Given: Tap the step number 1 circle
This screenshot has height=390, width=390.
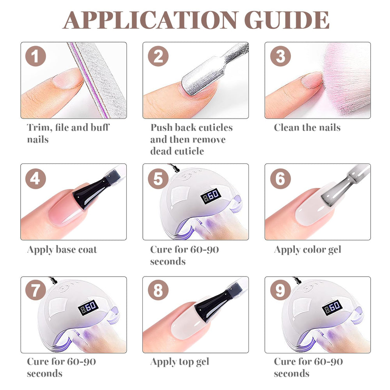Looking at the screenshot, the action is click(35, 56).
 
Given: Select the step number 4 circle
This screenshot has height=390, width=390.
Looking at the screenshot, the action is click(35, 179).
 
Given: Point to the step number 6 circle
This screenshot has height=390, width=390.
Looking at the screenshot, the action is click(280, 179).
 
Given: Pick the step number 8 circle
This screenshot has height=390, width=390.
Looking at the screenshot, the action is click(158, 290).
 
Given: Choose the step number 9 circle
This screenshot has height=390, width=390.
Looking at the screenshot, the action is click(280, 290).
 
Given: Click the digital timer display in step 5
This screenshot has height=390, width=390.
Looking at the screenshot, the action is click(211, 196).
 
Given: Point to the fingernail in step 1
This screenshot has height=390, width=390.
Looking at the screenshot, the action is click(67, 78).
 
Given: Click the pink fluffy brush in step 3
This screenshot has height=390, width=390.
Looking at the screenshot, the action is click(346, 80).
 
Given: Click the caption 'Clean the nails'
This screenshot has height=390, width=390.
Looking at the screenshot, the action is click(307, 128).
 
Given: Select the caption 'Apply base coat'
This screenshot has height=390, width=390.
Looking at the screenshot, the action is click(62, 250).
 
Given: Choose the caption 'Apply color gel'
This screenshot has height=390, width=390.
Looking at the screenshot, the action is click(307, 250).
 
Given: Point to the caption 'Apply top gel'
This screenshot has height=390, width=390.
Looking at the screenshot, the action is click(179, 362).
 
